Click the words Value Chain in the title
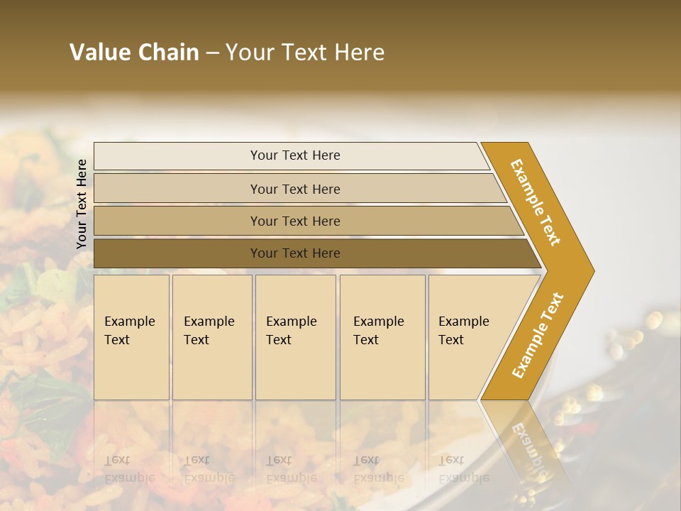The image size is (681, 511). coord(134,53)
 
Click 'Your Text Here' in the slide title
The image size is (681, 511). coord(305,53)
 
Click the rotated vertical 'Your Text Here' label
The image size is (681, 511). coord(82,204)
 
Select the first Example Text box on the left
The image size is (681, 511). coord(131,337)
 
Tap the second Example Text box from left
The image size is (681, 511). coord(212,337)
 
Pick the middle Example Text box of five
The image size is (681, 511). coord(295,337)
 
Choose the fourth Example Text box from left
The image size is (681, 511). coord(382,337)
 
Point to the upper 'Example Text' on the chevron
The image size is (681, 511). coord(536,202)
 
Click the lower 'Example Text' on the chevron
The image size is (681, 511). coord(537,335)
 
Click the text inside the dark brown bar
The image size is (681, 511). coord(295,253)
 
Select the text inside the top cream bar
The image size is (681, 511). coord(295,155)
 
